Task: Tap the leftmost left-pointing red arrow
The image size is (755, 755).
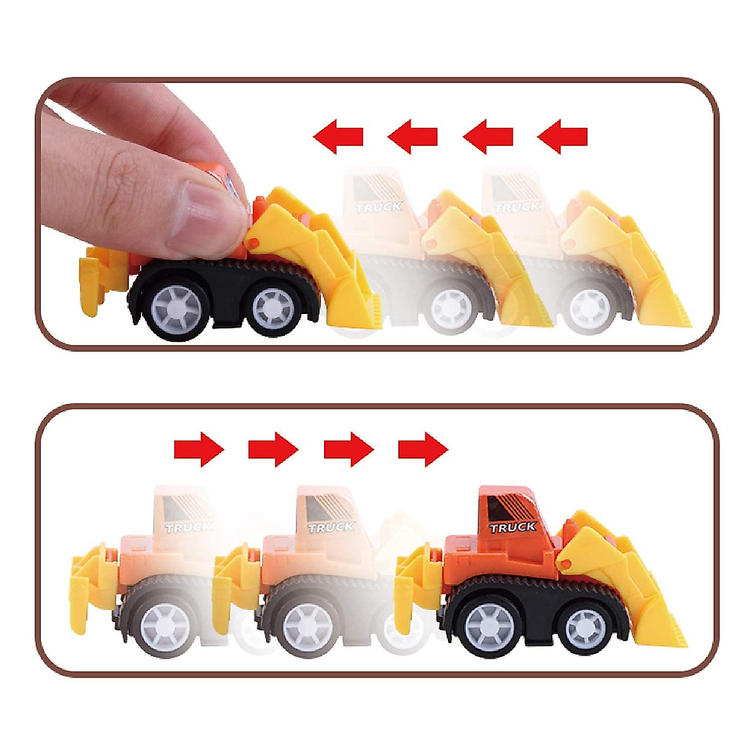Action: (338, 136)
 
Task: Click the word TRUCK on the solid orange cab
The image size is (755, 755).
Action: (513, 527)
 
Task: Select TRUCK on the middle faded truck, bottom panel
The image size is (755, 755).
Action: (331, 527)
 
